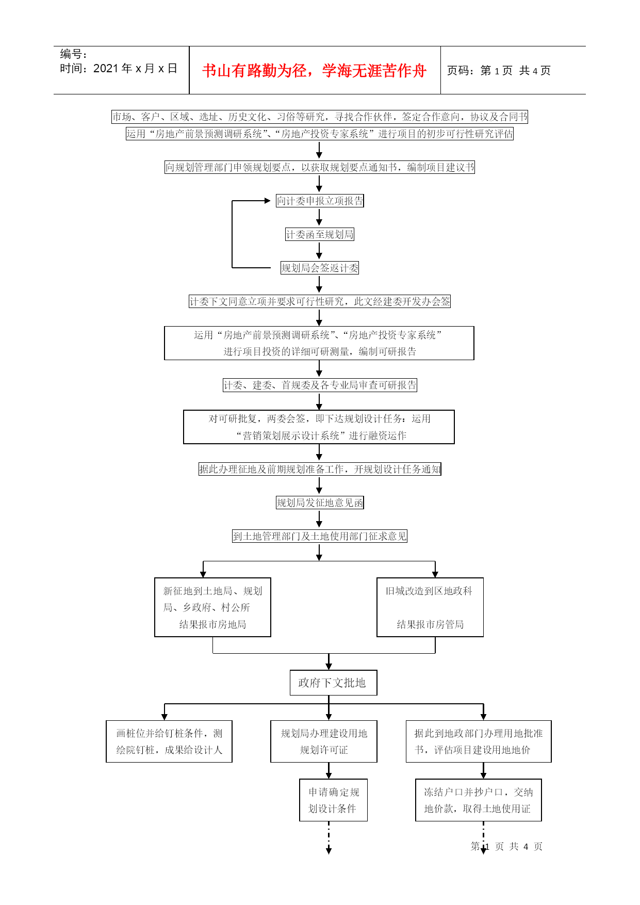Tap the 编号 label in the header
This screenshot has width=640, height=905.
click(x=74, y=54)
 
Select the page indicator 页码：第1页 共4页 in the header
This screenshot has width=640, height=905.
click(x=499, y=71)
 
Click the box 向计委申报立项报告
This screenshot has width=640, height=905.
click(x=320, y=201)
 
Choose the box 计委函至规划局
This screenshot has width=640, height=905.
click(x=320, y=234)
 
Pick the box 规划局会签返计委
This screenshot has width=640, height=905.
click(x=320, y=268)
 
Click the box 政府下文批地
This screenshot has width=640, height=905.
click(x=333, y=683)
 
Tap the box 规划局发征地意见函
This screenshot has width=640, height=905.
click(x=320, y=503)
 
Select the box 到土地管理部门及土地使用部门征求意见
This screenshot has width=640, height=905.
click(x=320, y=536)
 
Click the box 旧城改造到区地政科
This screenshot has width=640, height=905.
click(x=430, y=607)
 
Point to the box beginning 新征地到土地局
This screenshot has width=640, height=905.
click(x=212, y=607)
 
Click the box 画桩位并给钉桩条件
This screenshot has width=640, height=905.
click(x=169, y=741)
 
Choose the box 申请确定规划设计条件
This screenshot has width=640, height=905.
click(x=333, y=800)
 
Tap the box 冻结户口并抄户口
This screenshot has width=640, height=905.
click(x=479, y=800)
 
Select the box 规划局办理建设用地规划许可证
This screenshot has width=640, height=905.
click(x=324, y=741)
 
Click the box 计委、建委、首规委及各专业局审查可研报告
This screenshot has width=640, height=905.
click(x=320, y=385)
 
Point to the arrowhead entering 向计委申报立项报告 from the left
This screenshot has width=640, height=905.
click(x=268, y=201)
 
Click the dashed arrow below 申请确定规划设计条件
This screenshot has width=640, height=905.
click(x=329, y=837)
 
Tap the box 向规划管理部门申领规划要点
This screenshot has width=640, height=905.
click(x=320, y=167)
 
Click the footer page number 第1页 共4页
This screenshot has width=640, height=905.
click(x=506, y=847)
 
